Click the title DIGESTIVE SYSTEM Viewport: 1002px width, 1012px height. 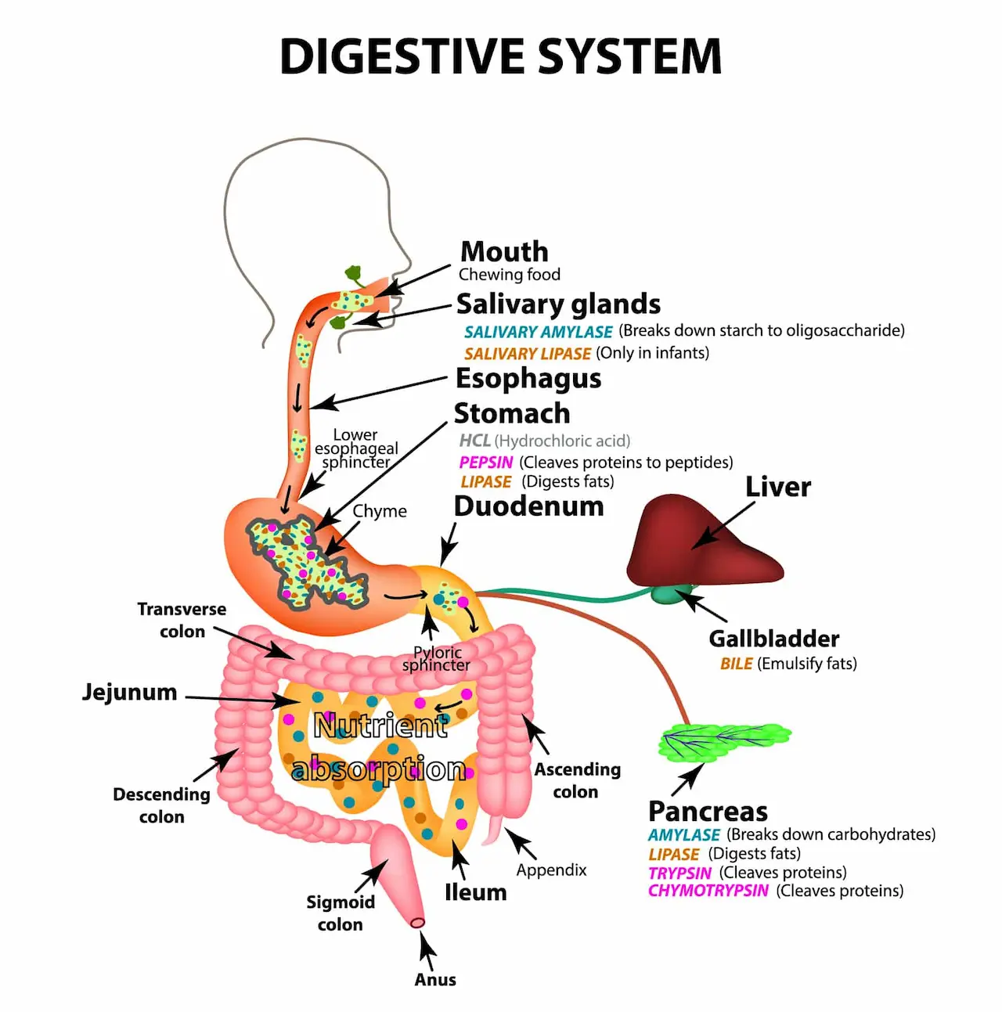pyautogui.click(x=501, y=56)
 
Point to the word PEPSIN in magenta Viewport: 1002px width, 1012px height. pyautogui.click(x=486, y=463)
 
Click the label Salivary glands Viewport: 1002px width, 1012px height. pyautogui.click(x=558, y=304)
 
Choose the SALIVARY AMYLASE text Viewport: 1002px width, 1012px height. pyautogui.click(x=538, y=332)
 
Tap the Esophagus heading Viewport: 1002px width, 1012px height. pyautogui.click(x=528, y=379)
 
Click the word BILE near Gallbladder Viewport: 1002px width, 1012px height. pyautogui.click(x=736, y=664)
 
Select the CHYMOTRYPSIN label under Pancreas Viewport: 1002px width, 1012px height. pyautogui.click(x=708, y=891)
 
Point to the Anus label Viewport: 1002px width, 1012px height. pyautogui.click(x=435, y=980)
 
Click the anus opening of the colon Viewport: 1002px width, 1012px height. pyautogui.click(x=418, y=923)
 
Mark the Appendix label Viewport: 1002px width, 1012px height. pyautogui.click(x=551, y=870)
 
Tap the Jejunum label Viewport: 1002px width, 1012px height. pyautogui.click(x=130, y=692)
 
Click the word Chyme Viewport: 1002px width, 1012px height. pyautogui.click(x=380, y=511)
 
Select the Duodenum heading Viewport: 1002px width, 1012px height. pyautogui.click(x=528, y=506)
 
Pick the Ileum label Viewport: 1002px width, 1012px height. pyautogui.click(x=475, y=892)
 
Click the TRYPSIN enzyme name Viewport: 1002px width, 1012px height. pyautogui.click(x=679, y=873)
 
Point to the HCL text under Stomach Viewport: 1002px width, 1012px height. pyautogui.click(x=474, y=441)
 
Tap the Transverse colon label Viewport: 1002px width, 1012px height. pyautogui.click(x=182, y=620)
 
